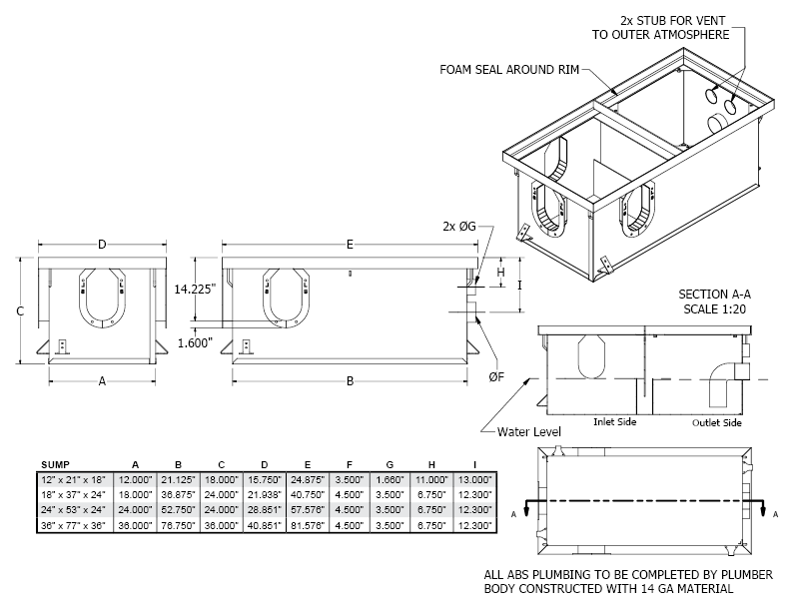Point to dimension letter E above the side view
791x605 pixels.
(x=349, y=244)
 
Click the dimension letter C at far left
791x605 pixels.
(x=19, y=310)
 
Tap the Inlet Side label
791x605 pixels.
(x=614, y=421)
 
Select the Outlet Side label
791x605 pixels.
(x=717, y=421)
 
